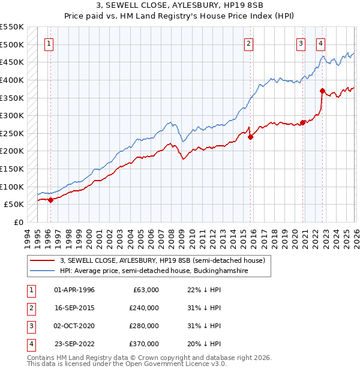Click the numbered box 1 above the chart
click(x=49, y=43)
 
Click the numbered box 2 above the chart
click(x=248, y=43)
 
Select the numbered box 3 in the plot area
click(x=301, y=43)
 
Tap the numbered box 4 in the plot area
click(x=321, y=43)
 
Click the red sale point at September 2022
click(x=322, y=91)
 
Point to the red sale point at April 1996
click(x=50, y=200)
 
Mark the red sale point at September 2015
click(x=250, y=137)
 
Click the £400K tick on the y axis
click(x=13, y=80)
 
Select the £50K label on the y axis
click(x=15, y=205)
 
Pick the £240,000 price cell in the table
click(x=144, y=308)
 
